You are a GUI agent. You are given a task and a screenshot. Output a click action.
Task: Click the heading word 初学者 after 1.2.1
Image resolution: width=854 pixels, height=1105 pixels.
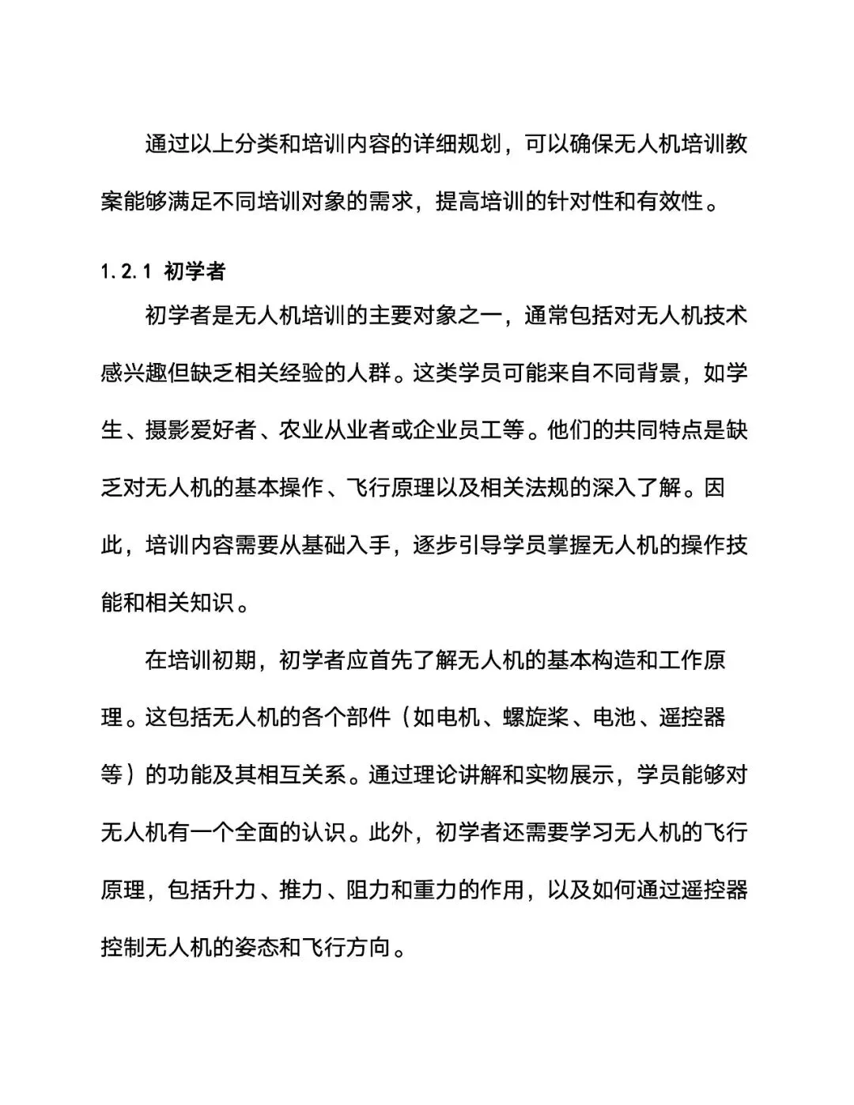tap(195, 272)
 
